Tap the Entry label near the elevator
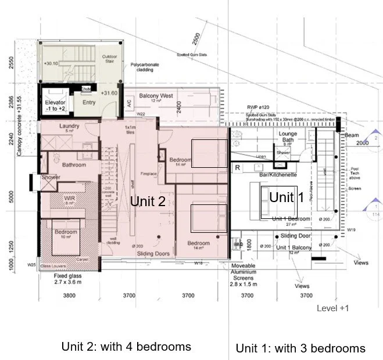coord(88,103)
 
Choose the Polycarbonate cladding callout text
coord(150,67)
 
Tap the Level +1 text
coord(332,308)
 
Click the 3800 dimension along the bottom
coord(69,296)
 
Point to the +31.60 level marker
coord(109,93)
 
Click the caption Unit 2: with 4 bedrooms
coord(126,347)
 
